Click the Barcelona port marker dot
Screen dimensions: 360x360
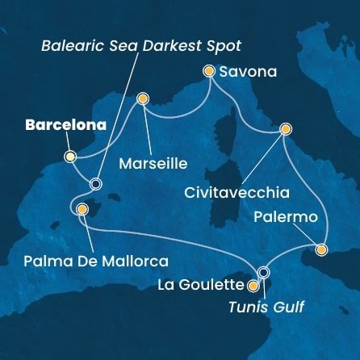click(x=69, y=157)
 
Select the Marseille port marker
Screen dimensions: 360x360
click(x=143, y=99)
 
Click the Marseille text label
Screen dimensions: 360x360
click(x=153, y=163)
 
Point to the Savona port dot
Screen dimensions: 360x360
click(x=209, y=72)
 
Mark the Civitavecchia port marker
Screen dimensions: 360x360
click(x=285, y=128)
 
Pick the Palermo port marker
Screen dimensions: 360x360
click(x=321, y=249)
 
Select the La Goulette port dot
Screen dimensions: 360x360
click(x=253, y=285)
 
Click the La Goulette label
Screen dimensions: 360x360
click(x=209, y=285)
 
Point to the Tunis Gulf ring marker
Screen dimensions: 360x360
click(x=262, y=272)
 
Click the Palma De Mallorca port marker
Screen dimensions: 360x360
click(x=82, y=210)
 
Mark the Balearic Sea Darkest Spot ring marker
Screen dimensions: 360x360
click(x=96, y=184)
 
